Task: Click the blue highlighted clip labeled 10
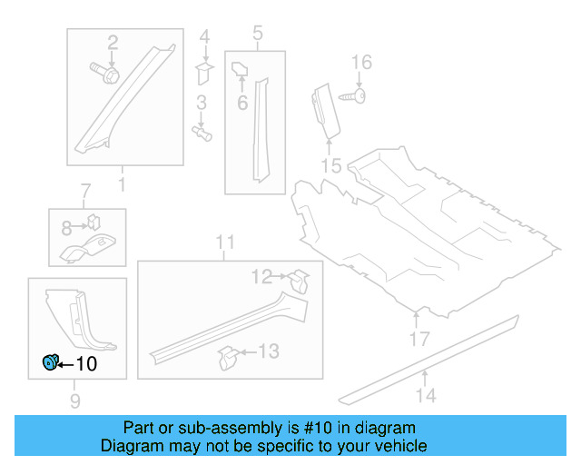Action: (x=49, y=363)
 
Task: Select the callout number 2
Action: (x=113, y=42)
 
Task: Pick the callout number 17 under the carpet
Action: (x=418, y=340)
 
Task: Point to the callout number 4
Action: (x=204, y=37)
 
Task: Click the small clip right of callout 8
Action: (x=94, y=221)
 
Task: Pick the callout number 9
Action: (x=75, y=401)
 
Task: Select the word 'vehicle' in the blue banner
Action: (x=399, y=446)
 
